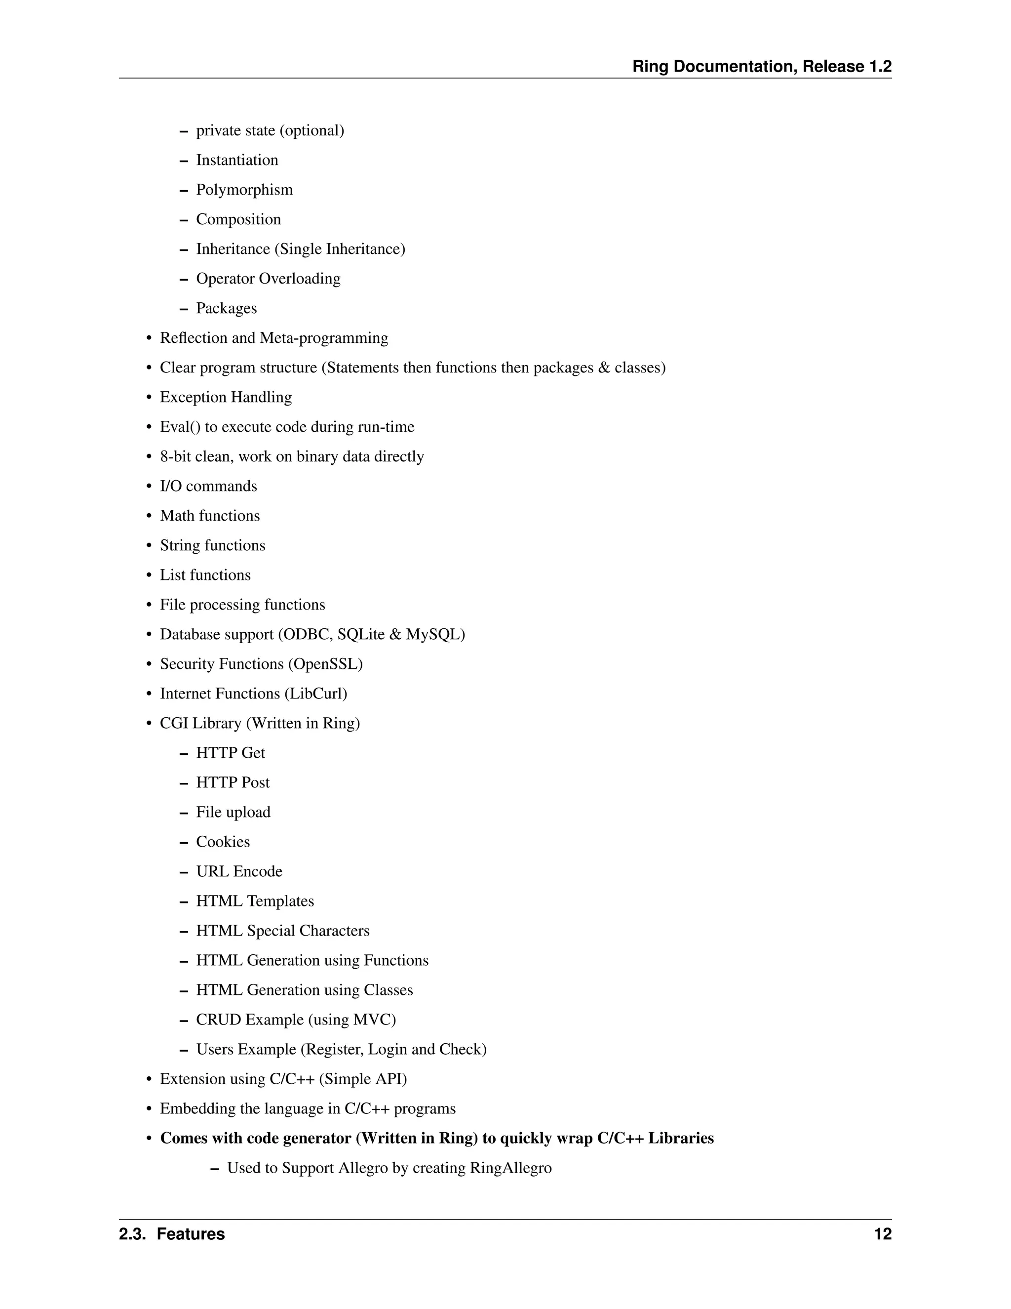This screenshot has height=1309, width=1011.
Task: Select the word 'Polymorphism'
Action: click(244, 190)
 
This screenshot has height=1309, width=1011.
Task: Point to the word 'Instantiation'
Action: click(237, 160)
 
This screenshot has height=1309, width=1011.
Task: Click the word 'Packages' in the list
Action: click(227, 308)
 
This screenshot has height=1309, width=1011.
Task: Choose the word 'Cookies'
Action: click(223, 842)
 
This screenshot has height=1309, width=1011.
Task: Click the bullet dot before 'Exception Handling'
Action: click(149, 398)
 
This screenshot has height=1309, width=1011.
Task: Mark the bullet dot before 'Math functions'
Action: click(149, 517)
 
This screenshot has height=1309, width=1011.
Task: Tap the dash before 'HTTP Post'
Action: click(184, 783)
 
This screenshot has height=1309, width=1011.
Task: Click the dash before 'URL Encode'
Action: click(184, 872)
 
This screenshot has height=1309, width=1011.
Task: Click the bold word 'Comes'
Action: click(184, 1138)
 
